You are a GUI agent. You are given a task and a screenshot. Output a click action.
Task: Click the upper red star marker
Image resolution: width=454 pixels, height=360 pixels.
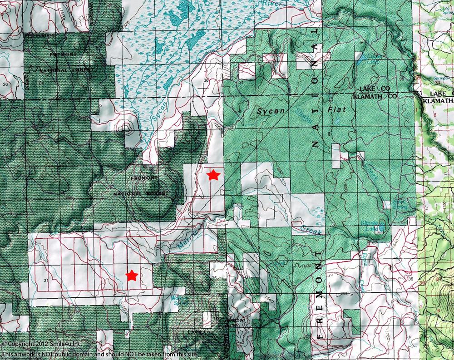coord(213,175)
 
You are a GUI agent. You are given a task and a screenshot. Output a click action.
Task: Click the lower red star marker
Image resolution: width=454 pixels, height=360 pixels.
coord(132,275)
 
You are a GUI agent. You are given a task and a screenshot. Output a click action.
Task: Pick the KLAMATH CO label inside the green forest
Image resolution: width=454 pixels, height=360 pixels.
coord(375,96)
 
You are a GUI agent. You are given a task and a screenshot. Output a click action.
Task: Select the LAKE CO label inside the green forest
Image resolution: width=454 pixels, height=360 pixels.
coord(375,88)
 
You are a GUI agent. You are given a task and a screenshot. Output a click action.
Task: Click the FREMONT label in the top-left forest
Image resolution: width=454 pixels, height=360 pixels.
coord(64,54)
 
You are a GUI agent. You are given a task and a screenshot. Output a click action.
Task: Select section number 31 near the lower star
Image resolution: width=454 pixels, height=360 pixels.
coord(44,281)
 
